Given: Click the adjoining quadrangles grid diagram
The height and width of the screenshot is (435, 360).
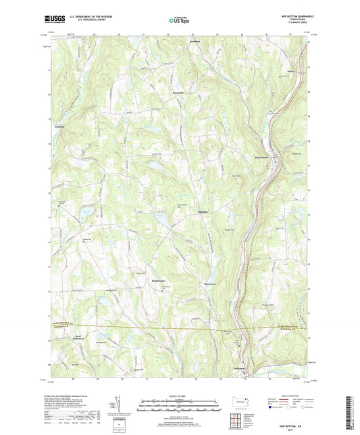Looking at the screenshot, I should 240,423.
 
